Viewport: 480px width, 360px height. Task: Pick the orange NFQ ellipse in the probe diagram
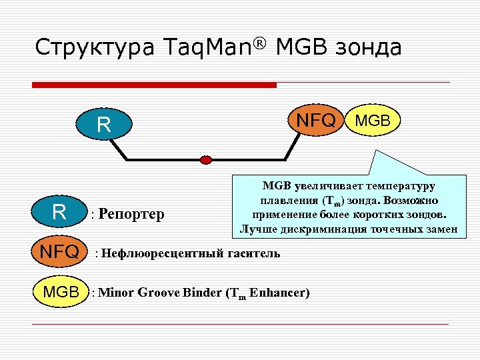[x=316, y=121]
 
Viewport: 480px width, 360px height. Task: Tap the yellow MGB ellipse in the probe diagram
[x=376, y=121]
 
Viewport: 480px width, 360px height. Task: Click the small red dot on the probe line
[x=206, y=159]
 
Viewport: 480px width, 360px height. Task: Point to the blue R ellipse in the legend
[x=59, y=212]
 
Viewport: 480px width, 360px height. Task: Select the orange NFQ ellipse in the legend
[x=60, y=253]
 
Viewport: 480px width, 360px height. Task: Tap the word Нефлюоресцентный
[x=157, y=253]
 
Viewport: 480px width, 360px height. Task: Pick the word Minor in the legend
[x=119, y=293]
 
